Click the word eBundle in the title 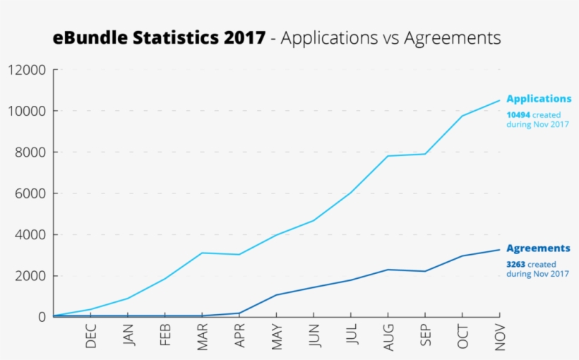pyautogui.click(x=88, y=38)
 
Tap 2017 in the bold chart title pyautogui.click(x=245, y=38)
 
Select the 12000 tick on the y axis pyautogui.click(x=28, y=70)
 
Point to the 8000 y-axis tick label pyautogui.click(x=30, y=152)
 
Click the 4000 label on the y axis pyautogui.click(x=30, y=234)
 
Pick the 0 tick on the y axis pyautogui.click(x=42, y=317)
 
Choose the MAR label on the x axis pyautogui.click(x=203, y=336)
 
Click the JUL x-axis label pyautogui.click(x=351, y=336)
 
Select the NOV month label pyautogui.click(x=500, y=336)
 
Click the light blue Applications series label pyautogui.click(x=539, y=99)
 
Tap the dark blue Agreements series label pyautogui.click(x=538, y=248)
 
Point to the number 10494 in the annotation pyautogui.click(x=518, y=114)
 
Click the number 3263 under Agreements pyautogui.click(x=515, y=265)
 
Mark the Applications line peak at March pyautogui.click(x=203, y=253)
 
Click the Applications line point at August pyautogui.click(x=388, y=156)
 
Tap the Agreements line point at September pyautogui.click(x=425, y=271)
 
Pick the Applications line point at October pyautogui.click(x=462, y=116)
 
